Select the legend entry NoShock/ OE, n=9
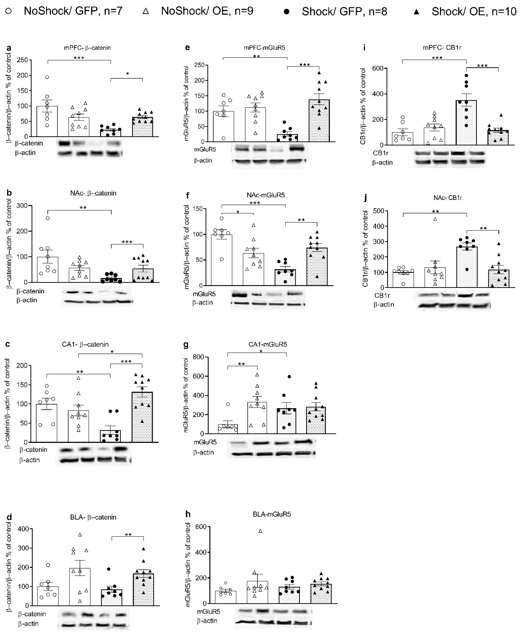[207, 11]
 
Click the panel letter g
[186, 345]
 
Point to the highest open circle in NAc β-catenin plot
[47, 218]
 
